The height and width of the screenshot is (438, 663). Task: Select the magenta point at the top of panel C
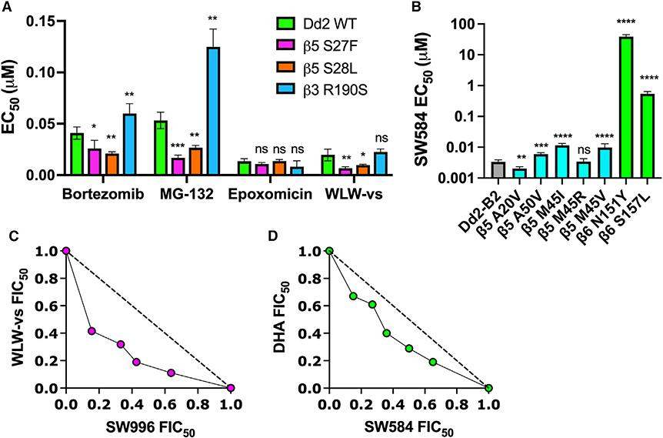(x=66, y=251)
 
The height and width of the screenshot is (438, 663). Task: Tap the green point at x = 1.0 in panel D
(x=488, y=388)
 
